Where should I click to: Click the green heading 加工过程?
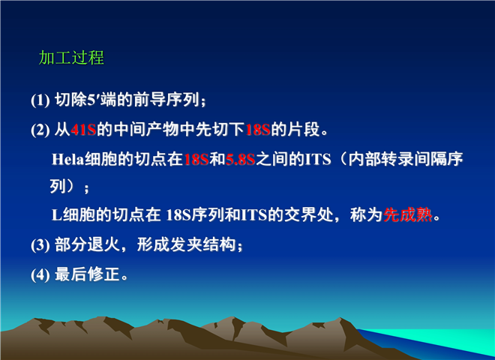(71, 58)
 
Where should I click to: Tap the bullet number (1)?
(40, 100)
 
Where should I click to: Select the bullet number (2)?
(40, 130)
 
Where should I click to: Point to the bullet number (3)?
(40, 245)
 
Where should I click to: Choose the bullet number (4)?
(40, 275)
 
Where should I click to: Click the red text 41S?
(84, 130)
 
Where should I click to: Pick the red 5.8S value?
(240, 160)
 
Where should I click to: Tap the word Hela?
(67, 159)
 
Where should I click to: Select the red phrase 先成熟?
(407, 215)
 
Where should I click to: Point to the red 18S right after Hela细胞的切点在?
(196, 160)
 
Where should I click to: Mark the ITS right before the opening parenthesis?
(318, 160)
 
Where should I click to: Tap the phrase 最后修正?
(87, 274)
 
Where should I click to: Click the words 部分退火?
(88, 244)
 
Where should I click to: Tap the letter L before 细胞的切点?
(57, 215)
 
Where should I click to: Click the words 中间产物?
(146, 130)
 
